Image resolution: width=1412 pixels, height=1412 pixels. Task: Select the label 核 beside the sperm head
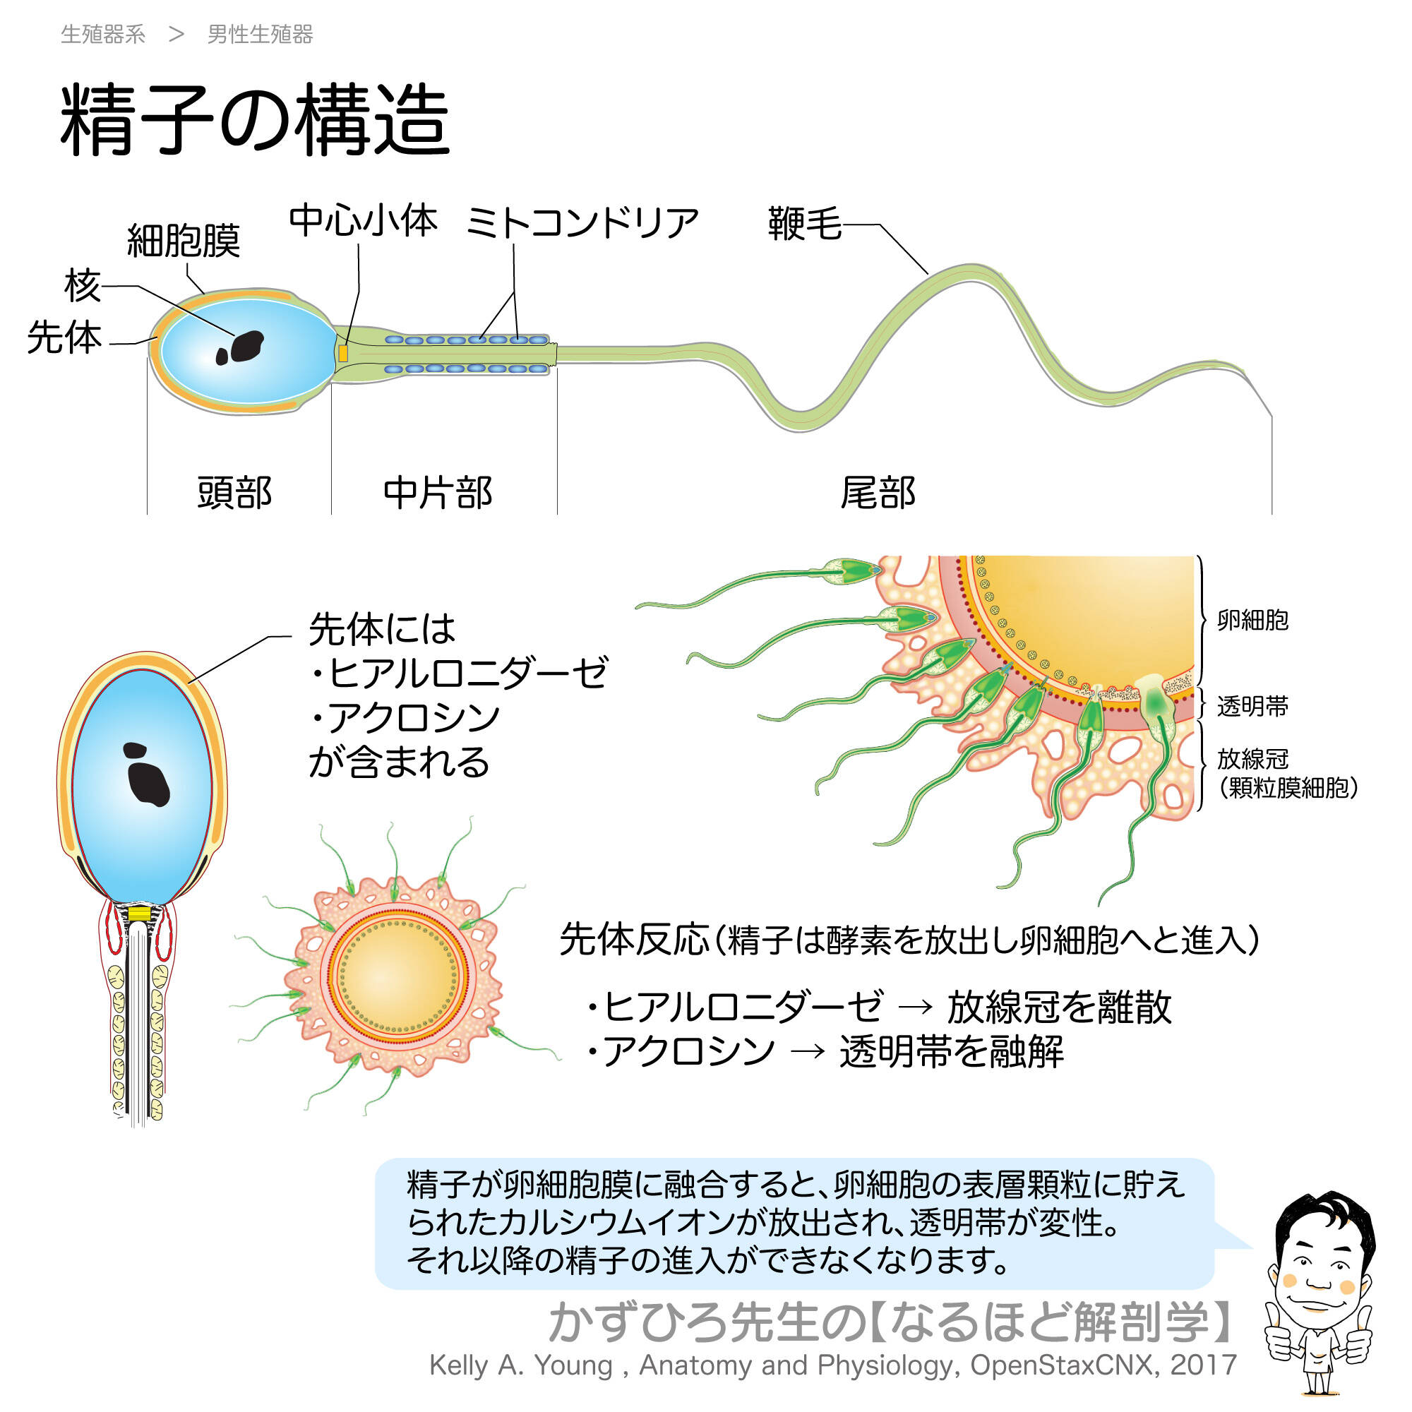pos(82,285)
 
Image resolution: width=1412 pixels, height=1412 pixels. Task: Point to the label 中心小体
pos(363,220)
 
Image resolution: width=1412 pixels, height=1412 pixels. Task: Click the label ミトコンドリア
pos(582,222)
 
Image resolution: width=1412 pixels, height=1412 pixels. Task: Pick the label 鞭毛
pos(804,223)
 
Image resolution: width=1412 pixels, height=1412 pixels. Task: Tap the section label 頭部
pos(234,492)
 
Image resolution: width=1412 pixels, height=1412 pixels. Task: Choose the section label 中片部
pos(438,492)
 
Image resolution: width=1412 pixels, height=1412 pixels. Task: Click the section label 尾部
pos(878,492)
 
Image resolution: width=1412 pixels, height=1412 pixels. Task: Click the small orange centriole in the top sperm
pos(343,354)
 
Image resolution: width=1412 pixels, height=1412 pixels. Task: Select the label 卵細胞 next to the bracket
pos(1252,620)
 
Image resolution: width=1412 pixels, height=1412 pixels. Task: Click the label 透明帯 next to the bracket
pos(1252,706)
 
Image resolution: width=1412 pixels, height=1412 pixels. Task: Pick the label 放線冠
pos(1252,760)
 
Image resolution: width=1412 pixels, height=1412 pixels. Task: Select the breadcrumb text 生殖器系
pos(103,35)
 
